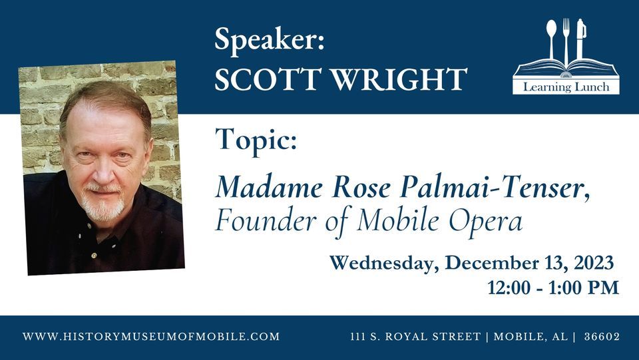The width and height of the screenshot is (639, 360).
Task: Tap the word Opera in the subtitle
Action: (x=486, y=221)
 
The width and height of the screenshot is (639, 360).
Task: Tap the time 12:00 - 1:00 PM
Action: (x=553, y=287)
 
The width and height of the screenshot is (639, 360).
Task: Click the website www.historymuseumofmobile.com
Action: (x=151, y=337)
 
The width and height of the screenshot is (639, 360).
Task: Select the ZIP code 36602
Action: (x=602, y=337)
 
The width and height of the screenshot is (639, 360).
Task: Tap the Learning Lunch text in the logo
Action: (x=566, y=87)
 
